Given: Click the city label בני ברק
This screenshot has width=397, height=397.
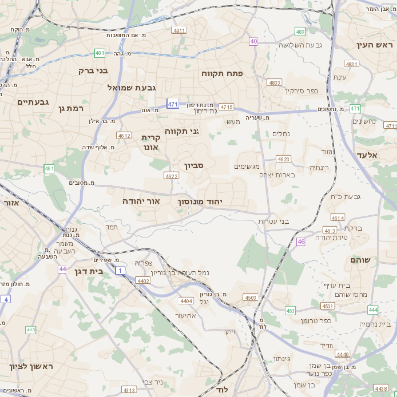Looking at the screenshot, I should (x=93, y=70).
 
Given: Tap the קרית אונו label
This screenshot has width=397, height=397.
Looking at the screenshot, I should (x=151, y=141).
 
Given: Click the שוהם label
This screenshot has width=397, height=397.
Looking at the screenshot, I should (x=359, y=258).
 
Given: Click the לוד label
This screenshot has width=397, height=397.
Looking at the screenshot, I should (x=220, y=390).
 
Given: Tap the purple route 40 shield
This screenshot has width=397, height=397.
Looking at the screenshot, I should (x=254, y=41).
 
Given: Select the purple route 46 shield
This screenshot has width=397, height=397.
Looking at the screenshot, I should (x=300, y=240).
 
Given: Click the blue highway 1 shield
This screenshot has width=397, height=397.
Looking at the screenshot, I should (x=119, y=269).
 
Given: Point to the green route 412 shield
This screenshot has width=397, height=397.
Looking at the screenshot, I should (x=30, y=329).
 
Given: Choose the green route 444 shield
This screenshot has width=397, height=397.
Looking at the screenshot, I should (x=372, y=309).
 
